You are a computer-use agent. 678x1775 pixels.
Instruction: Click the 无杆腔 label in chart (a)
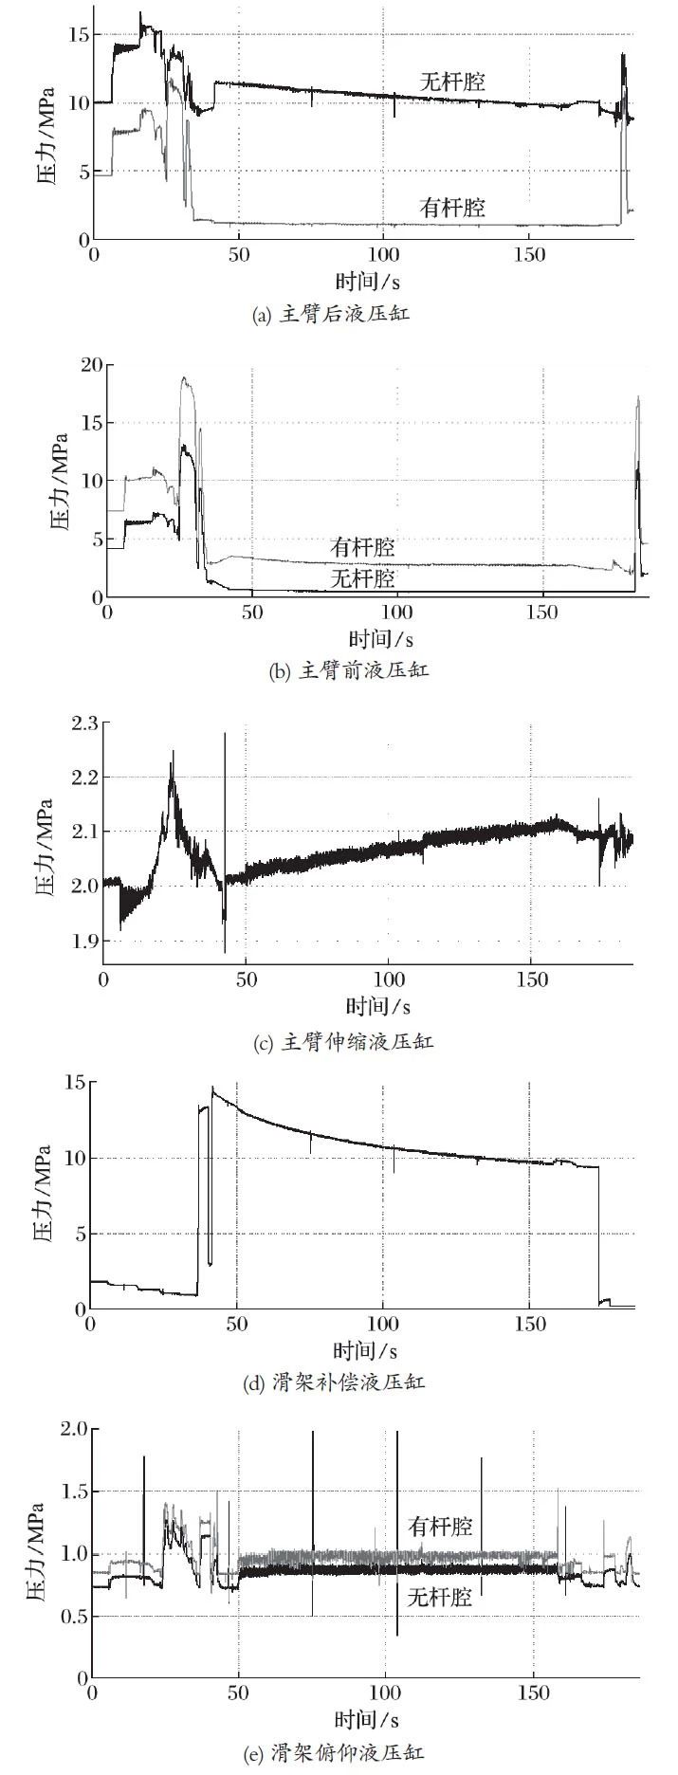452,82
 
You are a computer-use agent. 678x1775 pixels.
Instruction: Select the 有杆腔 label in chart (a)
452,207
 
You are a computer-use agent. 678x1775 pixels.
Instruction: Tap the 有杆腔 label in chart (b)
363,547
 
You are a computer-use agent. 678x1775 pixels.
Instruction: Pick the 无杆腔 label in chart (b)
363,576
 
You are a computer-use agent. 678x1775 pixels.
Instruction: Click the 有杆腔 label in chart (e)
440,1527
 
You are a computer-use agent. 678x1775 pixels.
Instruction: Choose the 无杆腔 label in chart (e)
440,1597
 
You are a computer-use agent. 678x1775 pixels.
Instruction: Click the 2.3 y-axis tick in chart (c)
83,723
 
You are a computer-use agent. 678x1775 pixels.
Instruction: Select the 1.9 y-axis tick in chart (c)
83,941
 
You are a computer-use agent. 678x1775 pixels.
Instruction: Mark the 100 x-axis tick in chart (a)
382,255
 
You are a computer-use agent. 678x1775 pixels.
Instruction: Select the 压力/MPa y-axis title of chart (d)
44,1197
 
